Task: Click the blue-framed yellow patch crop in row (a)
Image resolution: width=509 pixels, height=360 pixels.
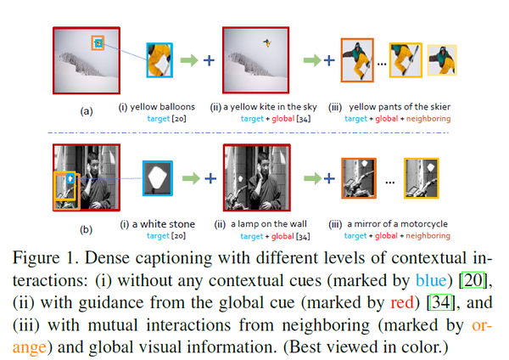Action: tap(160, 59)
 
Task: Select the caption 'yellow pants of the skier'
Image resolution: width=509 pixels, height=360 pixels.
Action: tap(398, 106)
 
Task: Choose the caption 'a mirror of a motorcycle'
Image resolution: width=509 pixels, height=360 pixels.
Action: tap(398, 224)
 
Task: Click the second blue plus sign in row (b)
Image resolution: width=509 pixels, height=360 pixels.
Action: tap(326, 179)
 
